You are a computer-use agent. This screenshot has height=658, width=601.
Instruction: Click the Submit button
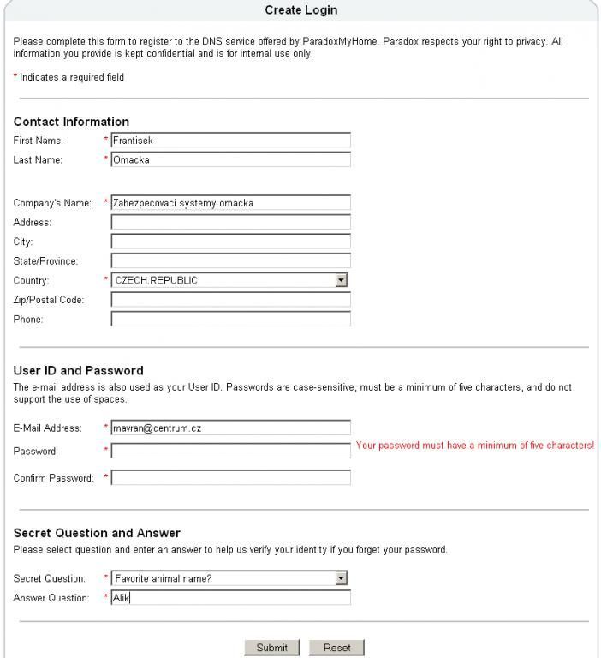pyautogui.click(x=271, y=648)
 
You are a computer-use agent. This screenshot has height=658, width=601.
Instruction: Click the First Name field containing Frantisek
pyautogui.click(x=230, y=141)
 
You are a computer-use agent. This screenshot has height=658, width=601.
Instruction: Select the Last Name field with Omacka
pyautogui.click(x=230, y=159)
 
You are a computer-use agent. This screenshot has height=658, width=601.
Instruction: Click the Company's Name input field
pyautogui.click(x=230, y=203)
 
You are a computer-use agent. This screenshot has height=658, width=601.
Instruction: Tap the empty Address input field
pyautogui.click(x=230, y=223)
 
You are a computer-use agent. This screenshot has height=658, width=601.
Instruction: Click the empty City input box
pyautogui.click(x=230, y=242)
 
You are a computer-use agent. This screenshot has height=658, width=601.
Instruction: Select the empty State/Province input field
pyautogui.click(x=230, y=260)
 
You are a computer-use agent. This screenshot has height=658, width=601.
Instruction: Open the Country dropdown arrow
pyautogui.click(x=341, y=280)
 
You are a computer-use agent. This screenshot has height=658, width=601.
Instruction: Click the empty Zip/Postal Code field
pyautogui.click(x=230, y=300)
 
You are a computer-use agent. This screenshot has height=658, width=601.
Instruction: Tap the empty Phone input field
pyautogui.click(x=230, y=319)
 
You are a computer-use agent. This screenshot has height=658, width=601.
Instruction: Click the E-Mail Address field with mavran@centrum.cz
pyautogui.click(x=230, y=428)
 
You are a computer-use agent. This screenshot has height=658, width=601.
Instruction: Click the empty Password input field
pyautogui.click(x=230, y=451)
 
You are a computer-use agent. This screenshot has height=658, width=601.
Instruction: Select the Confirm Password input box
pyautogui.click(x=230, y=477)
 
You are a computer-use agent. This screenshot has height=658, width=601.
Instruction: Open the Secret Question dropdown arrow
pyautogui.click(x=341, y=578)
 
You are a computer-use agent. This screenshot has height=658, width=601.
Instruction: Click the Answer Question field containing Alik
pyautogui.click(x=230, y=598)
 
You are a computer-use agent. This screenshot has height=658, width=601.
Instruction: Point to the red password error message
pyautogui.click(x=474, y=446)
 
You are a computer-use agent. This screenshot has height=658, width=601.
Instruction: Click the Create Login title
pyautogui.click(x=300, y=10)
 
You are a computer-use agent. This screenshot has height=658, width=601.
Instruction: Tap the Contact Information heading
pyautogui.click(x=71, y=122)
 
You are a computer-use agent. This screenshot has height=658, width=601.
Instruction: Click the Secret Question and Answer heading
pyautogui.click(x=97, y=533)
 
